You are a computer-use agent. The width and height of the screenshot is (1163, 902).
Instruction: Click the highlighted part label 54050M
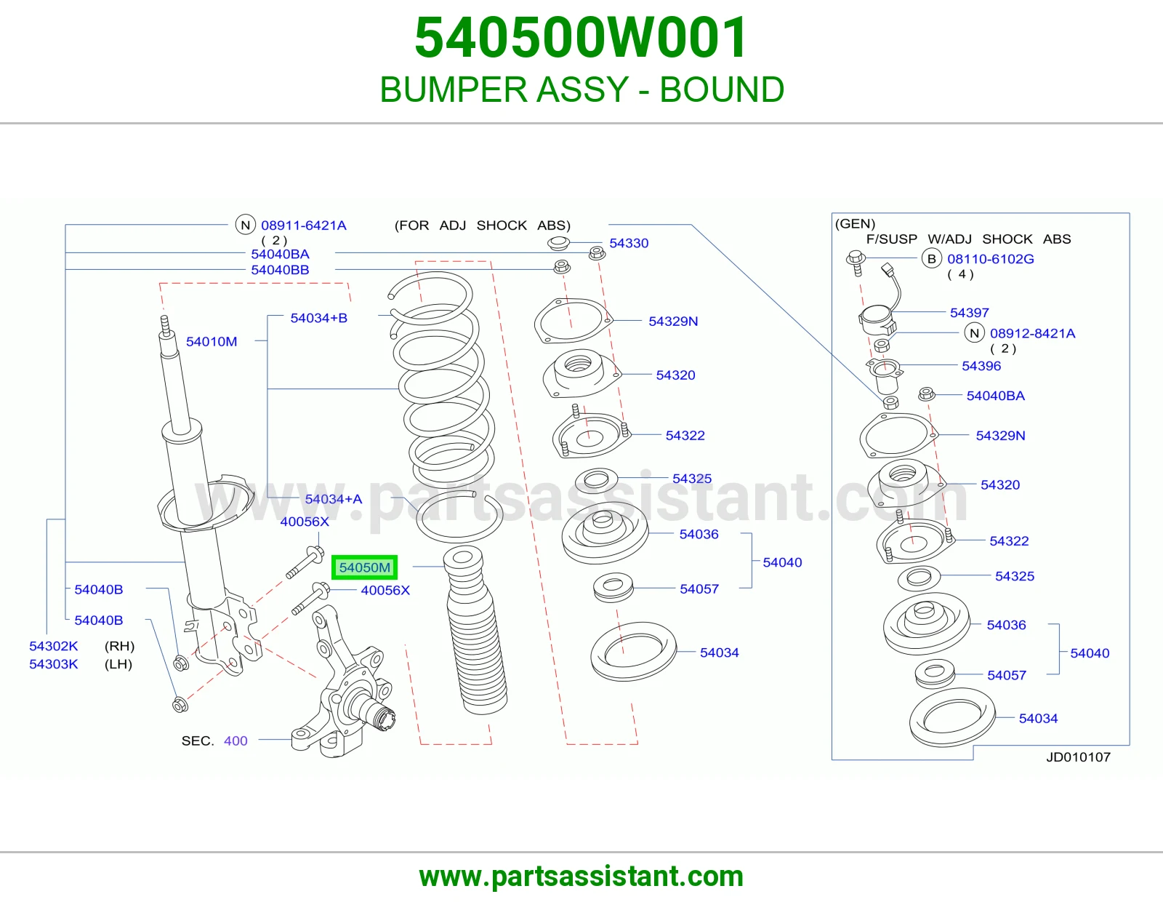tap(364, 567)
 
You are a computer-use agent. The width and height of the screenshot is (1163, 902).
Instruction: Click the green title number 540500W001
tap(581, 38)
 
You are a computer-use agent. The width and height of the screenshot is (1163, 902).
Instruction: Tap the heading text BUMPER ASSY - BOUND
tap(581, 89)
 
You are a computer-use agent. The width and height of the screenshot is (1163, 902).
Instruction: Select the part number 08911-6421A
tap(303, 225)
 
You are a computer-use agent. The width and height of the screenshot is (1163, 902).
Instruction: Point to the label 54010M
tap(212, 342)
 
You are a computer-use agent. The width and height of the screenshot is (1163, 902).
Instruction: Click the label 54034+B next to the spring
tap(319, 318)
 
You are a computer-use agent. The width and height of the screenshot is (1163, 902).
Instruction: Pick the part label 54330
tap(629, 243)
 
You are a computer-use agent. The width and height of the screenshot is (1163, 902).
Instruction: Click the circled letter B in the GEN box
tap(931, 259)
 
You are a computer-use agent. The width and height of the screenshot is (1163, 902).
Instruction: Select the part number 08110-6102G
tap(991, 259)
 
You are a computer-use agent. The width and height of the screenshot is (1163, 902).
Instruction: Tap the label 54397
tap(969, 313)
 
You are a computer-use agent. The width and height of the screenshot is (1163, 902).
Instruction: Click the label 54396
tap(981, 366)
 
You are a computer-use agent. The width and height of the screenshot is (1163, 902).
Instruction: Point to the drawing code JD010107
tap(1079, 757)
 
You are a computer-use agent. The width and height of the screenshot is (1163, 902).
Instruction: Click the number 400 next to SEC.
tap(236, 741)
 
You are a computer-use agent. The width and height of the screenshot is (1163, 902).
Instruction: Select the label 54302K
tap(54, 646)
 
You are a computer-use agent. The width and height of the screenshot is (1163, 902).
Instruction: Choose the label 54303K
tap(54, 664)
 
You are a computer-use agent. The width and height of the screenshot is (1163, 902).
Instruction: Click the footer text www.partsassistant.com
tap(581, 877)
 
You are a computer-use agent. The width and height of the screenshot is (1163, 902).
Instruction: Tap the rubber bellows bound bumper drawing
tap(475, 632)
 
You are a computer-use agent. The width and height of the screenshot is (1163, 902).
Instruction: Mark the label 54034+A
tap(334, 499)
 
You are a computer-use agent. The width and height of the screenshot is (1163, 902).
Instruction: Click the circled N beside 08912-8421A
tap(974, 333)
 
